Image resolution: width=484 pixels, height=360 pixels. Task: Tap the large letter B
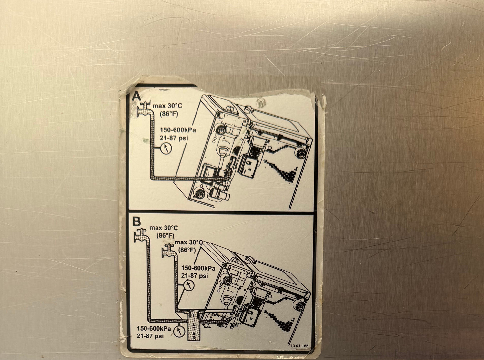coord(136,221)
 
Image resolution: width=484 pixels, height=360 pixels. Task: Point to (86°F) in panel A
coord(169,114)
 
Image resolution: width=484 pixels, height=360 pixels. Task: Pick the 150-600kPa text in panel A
coord(178,130)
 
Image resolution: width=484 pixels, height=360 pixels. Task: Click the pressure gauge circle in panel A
coord(166,148)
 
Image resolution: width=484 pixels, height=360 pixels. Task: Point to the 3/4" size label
coord(235,325)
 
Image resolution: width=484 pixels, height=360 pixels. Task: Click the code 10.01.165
coord(299,346)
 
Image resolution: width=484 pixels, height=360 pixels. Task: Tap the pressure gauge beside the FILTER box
coord(179,332)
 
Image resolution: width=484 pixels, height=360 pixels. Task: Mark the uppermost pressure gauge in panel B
coord(188,285)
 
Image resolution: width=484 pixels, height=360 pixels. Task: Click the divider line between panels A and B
coord(221,212)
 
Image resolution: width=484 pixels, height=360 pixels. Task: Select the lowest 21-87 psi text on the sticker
coord(150,336)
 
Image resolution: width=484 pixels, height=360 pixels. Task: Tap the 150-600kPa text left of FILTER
coord(154,328)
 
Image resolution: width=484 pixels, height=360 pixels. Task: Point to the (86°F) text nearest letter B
coord(166,236)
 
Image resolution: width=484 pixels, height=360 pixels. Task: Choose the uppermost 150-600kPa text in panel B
coord(198,268)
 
